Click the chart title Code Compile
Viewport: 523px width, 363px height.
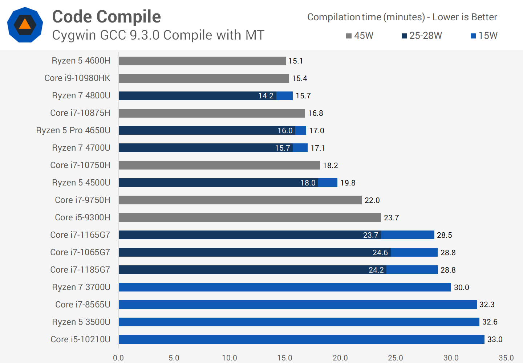click(106, 17)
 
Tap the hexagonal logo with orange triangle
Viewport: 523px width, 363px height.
click(25, 25)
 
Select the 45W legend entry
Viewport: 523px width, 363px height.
click(360, 36)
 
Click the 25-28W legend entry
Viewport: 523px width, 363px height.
click(422, 36)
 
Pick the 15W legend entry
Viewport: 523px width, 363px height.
click(484, 36)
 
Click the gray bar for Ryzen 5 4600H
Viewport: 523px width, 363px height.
click(202, 61)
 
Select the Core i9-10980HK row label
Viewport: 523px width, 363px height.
click(77, 78)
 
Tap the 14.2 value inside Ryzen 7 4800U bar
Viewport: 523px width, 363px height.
click(266, 96)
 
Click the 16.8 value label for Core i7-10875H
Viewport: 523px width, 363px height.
click(315, 113)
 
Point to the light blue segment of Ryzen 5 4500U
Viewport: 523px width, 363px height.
click(328, 183)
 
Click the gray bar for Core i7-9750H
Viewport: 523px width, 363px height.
click(240, 200)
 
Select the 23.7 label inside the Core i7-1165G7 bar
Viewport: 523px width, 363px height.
click(370, 235)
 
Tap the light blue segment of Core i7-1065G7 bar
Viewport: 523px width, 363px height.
click(414, 252)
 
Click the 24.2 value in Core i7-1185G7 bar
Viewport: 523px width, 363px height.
click(376, 270)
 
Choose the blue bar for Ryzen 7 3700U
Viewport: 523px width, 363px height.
click(285, 287)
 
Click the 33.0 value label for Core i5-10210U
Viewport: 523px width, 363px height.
click(495, 339)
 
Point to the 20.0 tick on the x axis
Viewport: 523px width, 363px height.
click(340, 358)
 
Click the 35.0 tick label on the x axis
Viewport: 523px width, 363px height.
click(506, 358)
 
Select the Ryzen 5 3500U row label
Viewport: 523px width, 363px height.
click(81, 322)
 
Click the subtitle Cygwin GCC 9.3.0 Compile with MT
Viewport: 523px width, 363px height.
click(158, 35)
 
